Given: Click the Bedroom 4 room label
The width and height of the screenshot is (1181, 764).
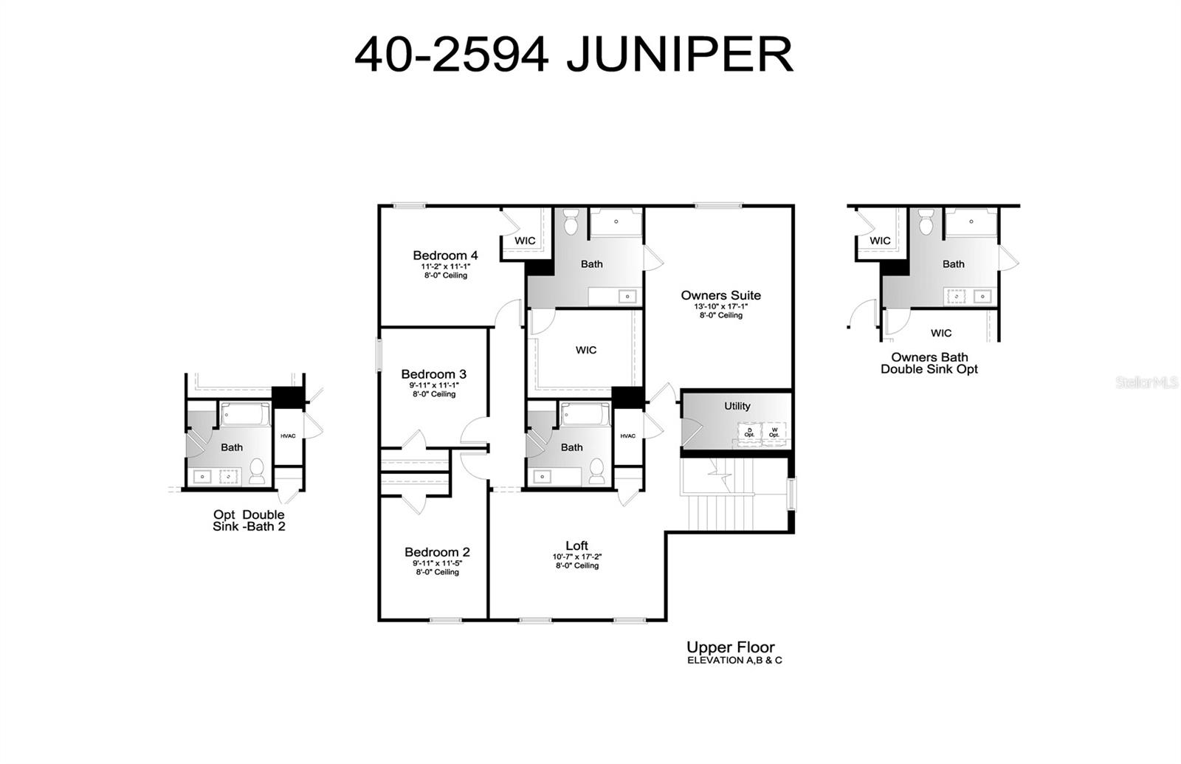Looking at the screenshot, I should (445, 256).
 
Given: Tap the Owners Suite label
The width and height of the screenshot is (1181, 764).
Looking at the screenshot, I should (720, 295).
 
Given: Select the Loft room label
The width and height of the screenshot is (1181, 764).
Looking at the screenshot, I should (576, 546).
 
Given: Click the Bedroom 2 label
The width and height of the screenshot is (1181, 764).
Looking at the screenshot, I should (437, 552).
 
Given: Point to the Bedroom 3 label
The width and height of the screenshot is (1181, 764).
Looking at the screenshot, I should (434, 374).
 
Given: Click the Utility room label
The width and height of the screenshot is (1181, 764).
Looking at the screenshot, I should (737, 406).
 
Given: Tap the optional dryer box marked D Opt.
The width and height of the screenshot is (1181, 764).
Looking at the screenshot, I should (749, 432).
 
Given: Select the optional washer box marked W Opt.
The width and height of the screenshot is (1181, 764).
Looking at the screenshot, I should (774, 432).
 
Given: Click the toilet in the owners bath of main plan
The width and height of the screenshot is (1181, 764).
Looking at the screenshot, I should (571, 221).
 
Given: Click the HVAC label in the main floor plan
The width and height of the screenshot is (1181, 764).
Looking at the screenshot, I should (627, 436).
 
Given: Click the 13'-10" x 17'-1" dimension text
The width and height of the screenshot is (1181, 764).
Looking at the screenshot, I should (720, 306).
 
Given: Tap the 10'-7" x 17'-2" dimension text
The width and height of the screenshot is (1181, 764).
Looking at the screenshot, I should (576, 557).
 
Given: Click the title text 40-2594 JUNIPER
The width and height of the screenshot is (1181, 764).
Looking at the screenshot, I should (574, 54).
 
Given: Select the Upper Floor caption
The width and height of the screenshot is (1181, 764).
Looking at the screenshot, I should (730, 647).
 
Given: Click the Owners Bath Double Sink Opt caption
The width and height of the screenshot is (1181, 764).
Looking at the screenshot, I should (929, 363).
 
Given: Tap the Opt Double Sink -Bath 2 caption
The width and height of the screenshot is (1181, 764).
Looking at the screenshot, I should (249, 520).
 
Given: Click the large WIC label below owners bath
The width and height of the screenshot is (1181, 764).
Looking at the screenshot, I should (586, 350).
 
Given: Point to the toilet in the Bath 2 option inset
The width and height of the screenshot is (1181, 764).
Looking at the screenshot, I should (257, 470).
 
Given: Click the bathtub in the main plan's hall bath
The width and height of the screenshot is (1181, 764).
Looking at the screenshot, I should (585, 413).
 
